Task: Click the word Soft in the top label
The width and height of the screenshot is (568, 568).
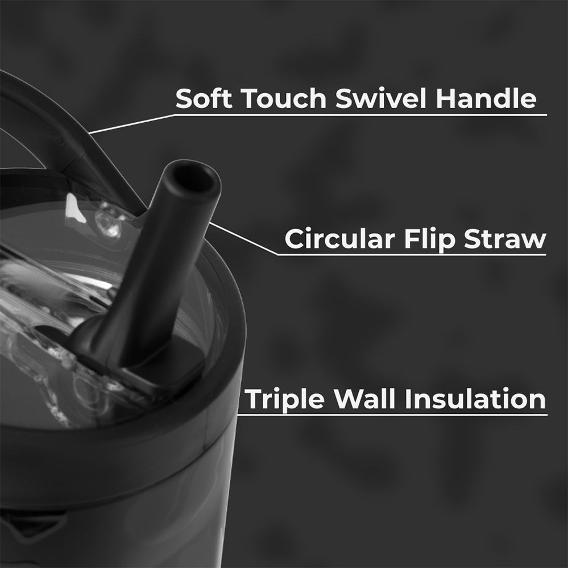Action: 204,98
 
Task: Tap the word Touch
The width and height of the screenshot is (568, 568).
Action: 284,98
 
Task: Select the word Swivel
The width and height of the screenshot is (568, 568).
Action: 380,98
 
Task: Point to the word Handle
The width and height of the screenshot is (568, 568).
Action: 486,98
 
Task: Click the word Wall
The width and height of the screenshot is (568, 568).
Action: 364,399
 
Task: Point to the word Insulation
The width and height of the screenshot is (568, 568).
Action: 475,399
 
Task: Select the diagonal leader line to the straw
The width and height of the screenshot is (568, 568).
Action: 243,238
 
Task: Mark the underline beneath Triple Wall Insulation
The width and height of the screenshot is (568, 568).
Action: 392,414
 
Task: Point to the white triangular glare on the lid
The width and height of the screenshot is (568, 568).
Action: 75,208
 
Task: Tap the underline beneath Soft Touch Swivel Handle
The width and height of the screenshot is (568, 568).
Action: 360,115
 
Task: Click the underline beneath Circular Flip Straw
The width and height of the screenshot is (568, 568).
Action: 412,255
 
